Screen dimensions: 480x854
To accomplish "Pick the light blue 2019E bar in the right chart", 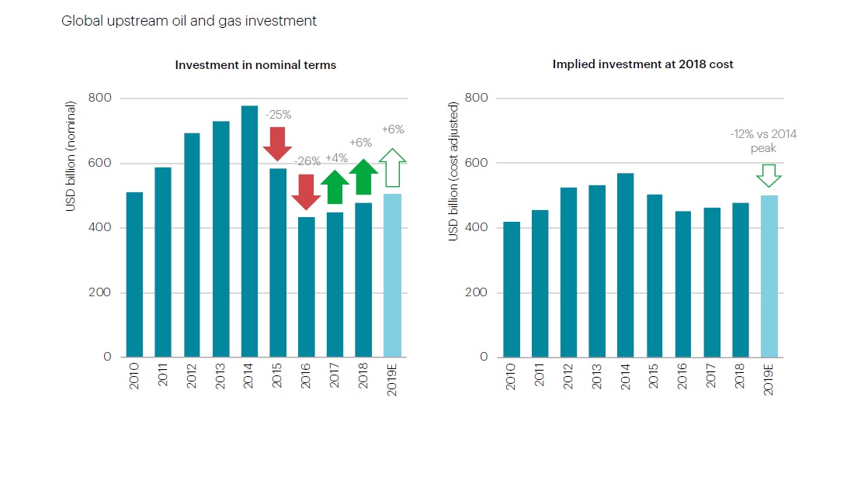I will [769, 276].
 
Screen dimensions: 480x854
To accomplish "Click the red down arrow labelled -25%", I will [277, 143].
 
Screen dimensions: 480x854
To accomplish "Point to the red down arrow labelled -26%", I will [307, 192].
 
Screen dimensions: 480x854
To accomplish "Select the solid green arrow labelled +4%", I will [335, 186].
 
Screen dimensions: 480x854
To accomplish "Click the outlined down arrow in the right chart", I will [769, 175].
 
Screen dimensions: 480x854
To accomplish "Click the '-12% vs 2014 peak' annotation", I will [763, 140].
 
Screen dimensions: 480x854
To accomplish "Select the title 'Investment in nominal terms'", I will [255, 65].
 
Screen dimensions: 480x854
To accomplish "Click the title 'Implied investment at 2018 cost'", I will [643, 64].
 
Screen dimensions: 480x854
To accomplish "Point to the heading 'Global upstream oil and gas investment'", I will [189, 21].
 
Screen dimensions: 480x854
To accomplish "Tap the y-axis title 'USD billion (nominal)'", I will [71, 155].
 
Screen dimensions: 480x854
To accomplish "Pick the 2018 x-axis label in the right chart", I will [741, 376].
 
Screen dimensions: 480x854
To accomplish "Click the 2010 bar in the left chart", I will [134, 275].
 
